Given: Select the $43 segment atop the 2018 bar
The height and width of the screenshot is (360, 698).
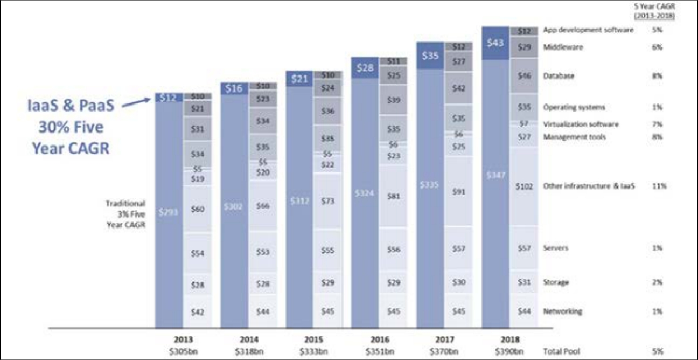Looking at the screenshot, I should pyautogui.click(x=495, y=43).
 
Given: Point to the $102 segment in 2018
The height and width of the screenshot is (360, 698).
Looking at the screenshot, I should pyautogui.click(x=523, y=186).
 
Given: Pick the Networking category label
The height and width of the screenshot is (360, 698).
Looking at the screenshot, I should pyautogui.click(x=563, y=311).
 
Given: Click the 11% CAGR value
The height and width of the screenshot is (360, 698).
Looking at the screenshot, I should pyautogui.click(x=659, y=186).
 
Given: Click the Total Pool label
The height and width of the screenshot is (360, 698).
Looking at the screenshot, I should pyautogui.click(x=562, y=350).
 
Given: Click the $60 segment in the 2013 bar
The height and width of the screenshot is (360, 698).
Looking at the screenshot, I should pyautogui.click(x=198, y=209).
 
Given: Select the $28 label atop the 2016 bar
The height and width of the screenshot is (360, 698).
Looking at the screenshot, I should pyautogui.click(x=365, y=68).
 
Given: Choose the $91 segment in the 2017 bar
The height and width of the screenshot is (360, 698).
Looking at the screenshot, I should pyautogui.click(x=459, y=191).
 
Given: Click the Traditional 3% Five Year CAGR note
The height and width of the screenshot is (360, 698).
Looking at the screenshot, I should pyautogui.click(x=125, y=215).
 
